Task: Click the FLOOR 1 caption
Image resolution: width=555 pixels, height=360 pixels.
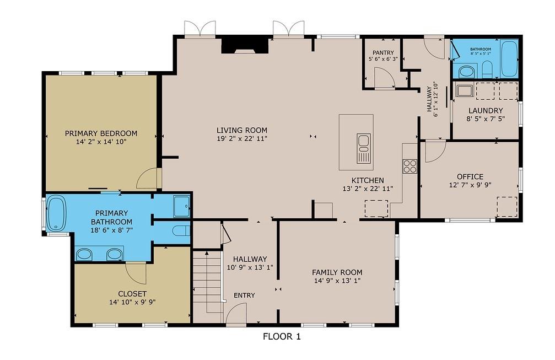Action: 281,336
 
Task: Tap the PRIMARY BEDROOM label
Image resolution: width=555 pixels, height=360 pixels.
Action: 101,133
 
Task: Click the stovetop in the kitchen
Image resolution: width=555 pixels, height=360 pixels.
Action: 409,166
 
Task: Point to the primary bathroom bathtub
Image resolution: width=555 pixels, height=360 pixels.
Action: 56,214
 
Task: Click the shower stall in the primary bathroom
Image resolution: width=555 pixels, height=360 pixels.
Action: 181,206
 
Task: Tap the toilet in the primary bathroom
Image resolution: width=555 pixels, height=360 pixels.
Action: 180,230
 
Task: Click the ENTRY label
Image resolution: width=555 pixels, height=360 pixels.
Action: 244,295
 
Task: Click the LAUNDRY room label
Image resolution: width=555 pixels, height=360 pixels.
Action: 486,111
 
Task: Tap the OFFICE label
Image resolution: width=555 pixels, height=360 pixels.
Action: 470,176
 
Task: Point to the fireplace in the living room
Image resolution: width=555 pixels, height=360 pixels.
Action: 245,46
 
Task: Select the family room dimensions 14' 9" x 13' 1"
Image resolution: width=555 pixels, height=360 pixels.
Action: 337,281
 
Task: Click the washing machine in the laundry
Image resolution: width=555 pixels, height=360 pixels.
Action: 461,90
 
